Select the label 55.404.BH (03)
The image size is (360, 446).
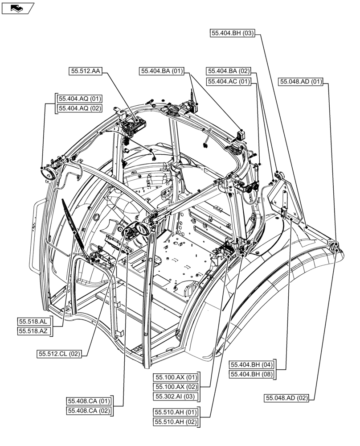(232, 33)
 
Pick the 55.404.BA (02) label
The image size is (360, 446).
(229, 71)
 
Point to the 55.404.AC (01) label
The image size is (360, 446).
(229, 82)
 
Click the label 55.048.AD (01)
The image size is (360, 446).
(301, 82)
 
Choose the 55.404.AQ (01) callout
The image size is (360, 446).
(78, 98)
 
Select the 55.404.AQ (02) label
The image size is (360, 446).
(78, 108)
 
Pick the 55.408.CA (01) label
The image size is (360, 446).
(89, 401)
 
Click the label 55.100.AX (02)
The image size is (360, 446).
(176, 386)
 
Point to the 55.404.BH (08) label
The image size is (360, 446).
(252, 375)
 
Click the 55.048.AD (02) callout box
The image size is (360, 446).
(287, 398)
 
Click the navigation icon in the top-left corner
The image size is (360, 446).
(18, 8)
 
